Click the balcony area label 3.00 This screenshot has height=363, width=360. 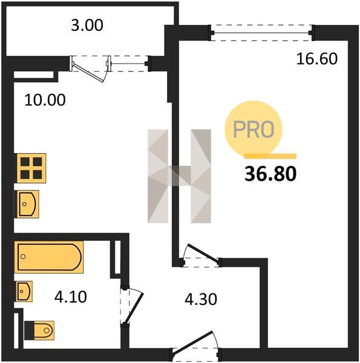(x=87, y=25)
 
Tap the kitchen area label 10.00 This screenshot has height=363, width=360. (x=45, y=100)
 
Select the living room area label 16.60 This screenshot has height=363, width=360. (x=316, y=59)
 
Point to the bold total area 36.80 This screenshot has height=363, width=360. (x=270, y=174)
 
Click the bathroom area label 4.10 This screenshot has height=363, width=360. (x=71, y=297)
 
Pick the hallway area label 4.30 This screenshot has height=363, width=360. (x=201, y=299)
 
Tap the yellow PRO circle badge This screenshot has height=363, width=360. (x=254, y=129)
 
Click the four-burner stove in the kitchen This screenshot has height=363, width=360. (x=30, y=168)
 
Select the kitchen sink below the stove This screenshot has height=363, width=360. (x=27, y=204)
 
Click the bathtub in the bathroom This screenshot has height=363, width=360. (x=48, y=257)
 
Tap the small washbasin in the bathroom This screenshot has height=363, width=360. (x=24, y=291)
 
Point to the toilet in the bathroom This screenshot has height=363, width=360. (x=39, y=330)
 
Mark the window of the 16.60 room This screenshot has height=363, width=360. (x=261, y=33)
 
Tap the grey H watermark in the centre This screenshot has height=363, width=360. (x=180, y=176)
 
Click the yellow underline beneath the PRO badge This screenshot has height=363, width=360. (x=270, y=156)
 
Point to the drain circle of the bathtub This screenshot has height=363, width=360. (x=23, y=257)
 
